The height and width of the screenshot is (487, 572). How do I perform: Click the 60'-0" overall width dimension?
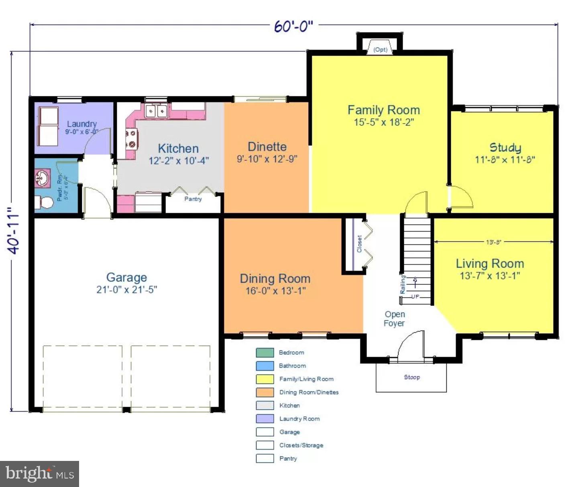coord(293,26)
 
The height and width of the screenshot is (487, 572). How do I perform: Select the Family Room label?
coord(383,110)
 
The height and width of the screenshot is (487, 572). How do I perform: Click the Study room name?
coord(505,147)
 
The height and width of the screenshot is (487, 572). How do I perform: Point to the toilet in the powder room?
coord(45,202)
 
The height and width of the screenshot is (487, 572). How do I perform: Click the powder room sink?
coord(42,178)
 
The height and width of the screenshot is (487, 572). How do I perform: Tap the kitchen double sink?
coord(156,110)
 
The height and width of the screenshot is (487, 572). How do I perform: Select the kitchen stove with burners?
coord(131,139)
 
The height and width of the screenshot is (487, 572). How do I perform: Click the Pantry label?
coord(193,199)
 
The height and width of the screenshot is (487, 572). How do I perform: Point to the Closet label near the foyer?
coord(359,244)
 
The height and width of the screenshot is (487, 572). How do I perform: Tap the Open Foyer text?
coord(395,319)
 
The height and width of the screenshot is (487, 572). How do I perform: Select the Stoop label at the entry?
coord(412,377)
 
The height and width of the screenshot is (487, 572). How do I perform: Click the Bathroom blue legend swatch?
coord(265,366)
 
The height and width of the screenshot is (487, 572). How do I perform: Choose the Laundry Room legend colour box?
coord(265,419)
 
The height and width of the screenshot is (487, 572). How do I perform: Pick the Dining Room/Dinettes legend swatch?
coord(265,392)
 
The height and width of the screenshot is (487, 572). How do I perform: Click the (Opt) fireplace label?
coord(380,50)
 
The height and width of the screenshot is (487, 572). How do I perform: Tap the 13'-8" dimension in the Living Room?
coord(493,242)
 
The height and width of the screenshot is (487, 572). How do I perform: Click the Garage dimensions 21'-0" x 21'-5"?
coord(126,289)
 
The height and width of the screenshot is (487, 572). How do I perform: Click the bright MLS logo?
coord(39,474)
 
